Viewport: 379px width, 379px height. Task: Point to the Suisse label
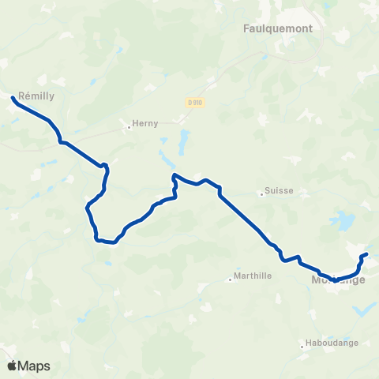[x=279, y=191]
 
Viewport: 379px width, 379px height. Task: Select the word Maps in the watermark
[x=34, y=366]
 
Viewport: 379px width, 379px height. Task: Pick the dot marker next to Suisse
[x=262, y=192]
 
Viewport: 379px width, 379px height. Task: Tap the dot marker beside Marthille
[x=230, y=278]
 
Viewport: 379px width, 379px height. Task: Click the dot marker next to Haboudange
[x=304, y=343]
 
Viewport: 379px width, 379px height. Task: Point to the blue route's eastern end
[x=366, y=254]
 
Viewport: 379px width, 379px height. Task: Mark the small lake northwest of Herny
[x=95, y=81]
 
